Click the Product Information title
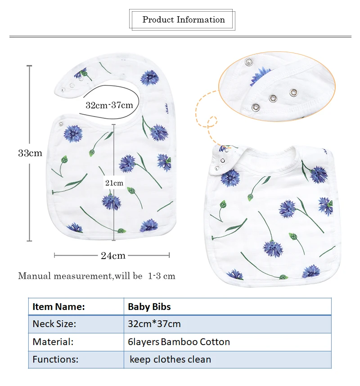pos(184,20)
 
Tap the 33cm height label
pos(30,153)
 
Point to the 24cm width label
pos(113,256)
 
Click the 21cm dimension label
pos(114,183)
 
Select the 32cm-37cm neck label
pos(109,105)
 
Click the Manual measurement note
pos(96,276)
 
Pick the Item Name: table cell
pos(58,307)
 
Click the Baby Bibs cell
pos(149,307)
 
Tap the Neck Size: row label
pos(54,324)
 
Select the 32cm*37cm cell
pos(154,324)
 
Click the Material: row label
pos(53,342)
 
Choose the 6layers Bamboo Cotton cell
pos(179,342)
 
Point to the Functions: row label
pos(55,359)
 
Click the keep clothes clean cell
pos(170,359)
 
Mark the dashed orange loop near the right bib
pos(212,122)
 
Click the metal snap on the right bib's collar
pos(221,161)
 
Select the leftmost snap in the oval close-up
pos(256,107)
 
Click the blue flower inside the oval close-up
pos(260,76)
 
